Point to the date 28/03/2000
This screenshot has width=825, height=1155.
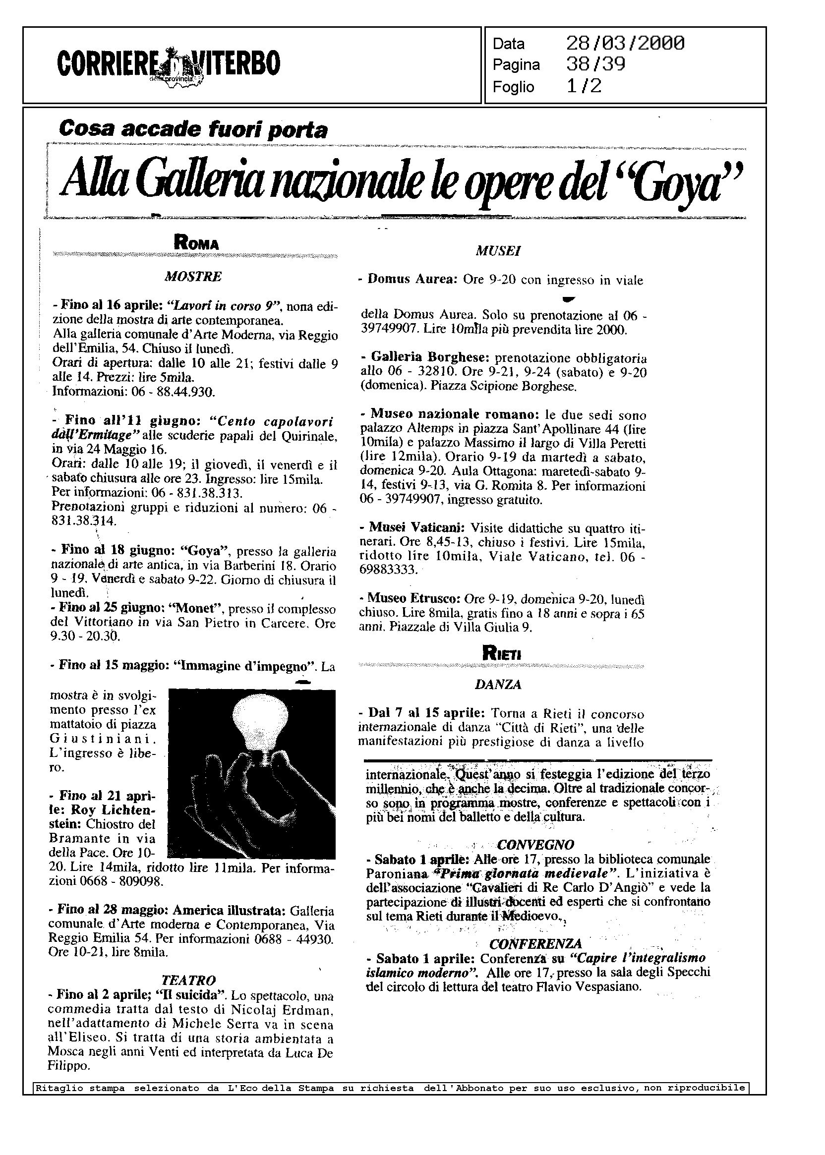[625, 44]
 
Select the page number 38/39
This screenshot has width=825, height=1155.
[595, 64]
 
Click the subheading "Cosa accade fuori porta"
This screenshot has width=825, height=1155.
[193, 129]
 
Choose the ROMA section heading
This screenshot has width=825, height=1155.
[196, 243]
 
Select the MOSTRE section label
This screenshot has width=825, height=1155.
[193, 277]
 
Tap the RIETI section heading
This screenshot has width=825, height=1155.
[501, 655]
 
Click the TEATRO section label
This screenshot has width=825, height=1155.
[188, 981]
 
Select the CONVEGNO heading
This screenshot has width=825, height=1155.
[535, 845]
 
